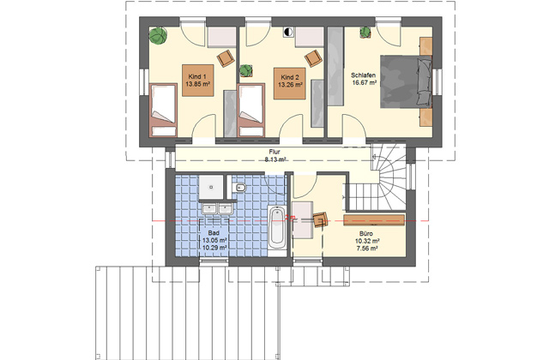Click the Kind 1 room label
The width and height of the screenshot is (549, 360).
click(x=197, y=76)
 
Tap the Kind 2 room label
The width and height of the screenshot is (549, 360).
click(x=290, y=77)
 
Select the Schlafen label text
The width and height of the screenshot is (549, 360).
click(x=364, y=75)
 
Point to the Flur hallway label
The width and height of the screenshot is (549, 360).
click(x=274, y=152)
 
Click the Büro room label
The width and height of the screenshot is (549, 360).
click(x=366, y=233)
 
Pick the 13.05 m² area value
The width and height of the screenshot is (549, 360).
click(x=214, y=240)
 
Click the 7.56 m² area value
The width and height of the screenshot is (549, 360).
click(x=367, y=249)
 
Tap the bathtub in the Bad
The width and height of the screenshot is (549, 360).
click(x=277, y=227)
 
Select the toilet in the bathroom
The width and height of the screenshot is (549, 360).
click(x=238, y=188)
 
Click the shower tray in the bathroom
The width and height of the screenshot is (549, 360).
click(x=211, y=187)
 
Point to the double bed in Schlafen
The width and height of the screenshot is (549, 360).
click(x=406, y=81)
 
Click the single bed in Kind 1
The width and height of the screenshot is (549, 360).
click(x=163, y=110)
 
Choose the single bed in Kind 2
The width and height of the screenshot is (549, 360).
click(x=250, y=110)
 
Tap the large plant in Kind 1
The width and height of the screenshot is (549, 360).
click(x=158, y=36)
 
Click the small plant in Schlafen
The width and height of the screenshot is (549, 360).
click(x=365, y=33)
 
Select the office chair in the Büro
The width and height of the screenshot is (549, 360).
click(x=321, y=219)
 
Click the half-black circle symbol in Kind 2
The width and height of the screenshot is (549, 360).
click(x=288, y=33)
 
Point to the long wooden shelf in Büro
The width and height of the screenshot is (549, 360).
click(x=374, y=220)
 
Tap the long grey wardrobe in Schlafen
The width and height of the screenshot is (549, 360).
click(x=335, y=66)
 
